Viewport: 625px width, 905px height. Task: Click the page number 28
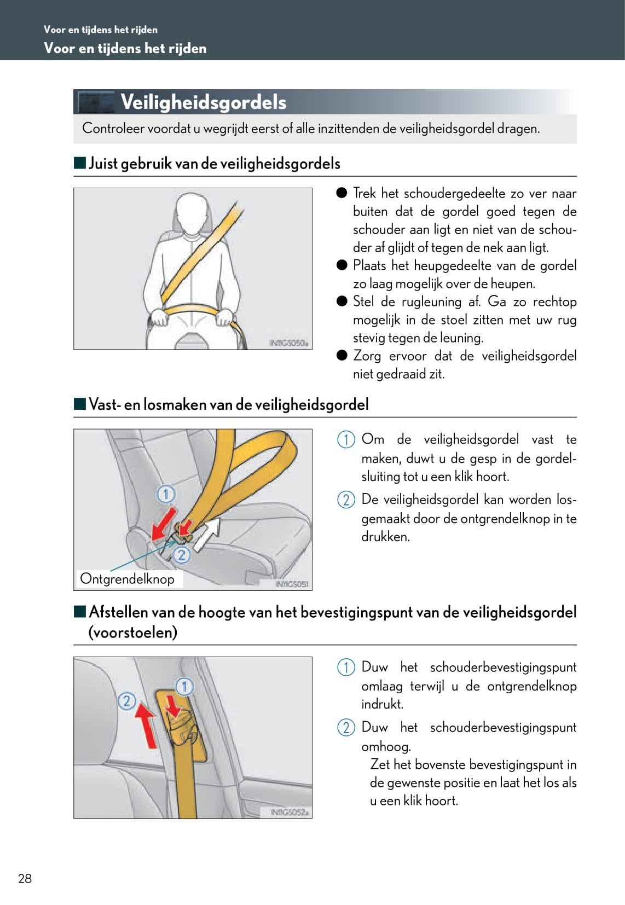(25, 878)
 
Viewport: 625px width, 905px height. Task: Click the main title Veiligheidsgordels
(203, 102)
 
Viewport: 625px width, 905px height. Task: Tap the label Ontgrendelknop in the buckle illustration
(127, 579)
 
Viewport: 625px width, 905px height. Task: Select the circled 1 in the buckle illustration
(166, 494)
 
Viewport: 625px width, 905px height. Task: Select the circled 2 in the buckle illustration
(181, 555)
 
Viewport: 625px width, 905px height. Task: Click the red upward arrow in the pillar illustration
(146, 726)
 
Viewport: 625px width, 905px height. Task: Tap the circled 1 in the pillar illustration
(184, 686)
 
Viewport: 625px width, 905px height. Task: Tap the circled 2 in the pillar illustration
(126, 701)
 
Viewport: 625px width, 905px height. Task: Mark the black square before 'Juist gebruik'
(80, 163)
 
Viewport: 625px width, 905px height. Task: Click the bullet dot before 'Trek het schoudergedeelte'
(342, 193)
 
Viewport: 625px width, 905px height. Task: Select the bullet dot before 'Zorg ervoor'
(342, 355)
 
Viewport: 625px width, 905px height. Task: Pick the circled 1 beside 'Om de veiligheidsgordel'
(346, 439)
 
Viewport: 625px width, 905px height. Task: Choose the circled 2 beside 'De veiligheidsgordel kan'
(346, 500)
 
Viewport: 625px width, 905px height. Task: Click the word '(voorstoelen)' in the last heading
(133, 633)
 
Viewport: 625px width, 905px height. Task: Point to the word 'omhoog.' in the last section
(386, 746)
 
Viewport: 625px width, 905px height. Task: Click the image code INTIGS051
(292, 584)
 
